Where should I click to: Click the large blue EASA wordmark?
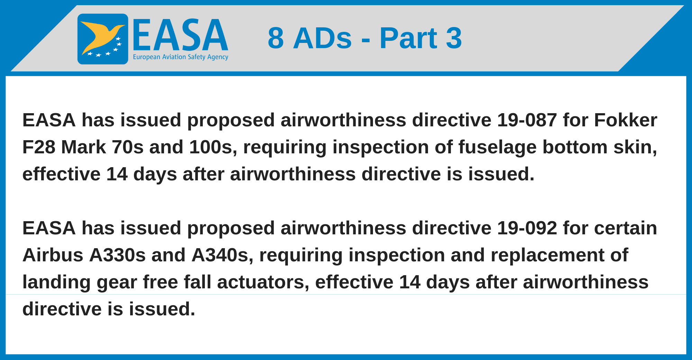(180, 35)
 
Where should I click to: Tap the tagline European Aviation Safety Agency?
(181, 57)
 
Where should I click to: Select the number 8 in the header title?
(276, 38)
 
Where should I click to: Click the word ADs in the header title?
(322, 38)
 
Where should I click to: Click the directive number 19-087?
(527, 120)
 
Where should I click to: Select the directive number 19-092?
(527, 228)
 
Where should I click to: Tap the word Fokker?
(626, 120)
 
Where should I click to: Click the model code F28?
(39, 147)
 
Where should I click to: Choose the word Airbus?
(53, 255)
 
